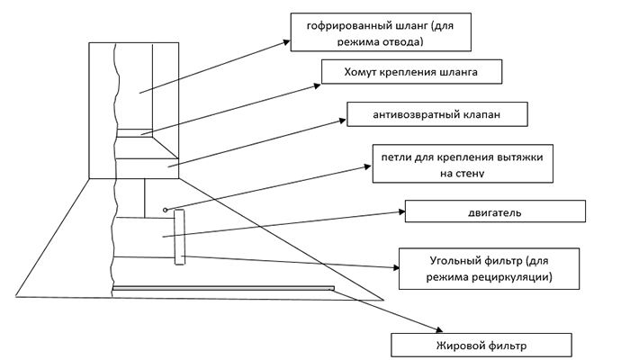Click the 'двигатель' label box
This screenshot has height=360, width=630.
pyautogui.click(x=496, y=212)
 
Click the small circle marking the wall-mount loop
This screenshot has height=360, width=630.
pyautogui.click(x=166, y=209)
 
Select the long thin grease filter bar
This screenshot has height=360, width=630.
pyautogui.click(x=222, y=289)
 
